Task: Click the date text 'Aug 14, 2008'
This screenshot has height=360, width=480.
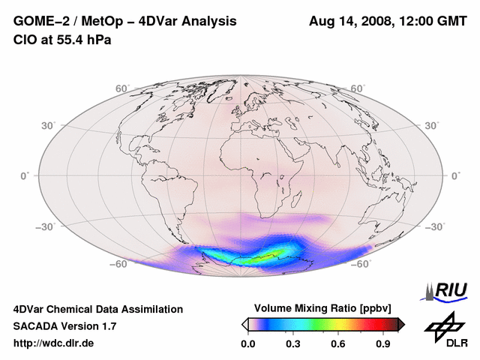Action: point(349,21)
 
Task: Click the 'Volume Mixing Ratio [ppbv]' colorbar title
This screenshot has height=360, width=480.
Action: point(323,308)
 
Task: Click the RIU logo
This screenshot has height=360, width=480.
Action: point(448,289)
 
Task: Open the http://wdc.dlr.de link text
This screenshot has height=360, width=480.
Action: point(54,343)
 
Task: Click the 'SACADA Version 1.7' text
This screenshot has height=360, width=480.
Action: point(64,326)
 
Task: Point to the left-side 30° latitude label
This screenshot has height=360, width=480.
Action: point(49,125)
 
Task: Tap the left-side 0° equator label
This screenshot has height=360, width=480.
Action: point(25,175)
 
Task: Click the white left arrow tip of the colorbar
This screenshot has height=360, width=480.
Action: point(244,324)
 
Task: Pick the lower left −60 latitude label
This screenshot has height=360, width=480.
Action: point(119,265)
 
